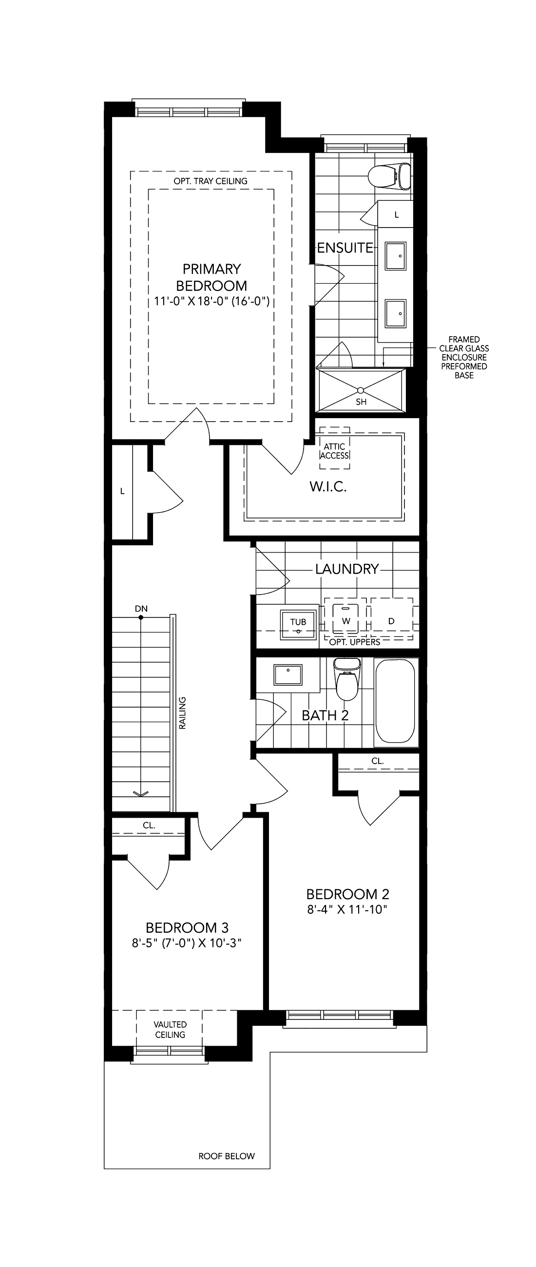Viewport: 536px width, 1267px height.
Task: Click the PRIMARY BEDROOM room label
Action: pyautogui.click(x=211, y=277)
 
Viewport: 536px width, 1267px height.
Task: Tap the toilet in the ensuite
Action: pyautogui.click(x=389, y=176)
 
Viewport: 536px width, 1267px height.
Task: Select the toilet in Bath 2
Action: pyautogui.click(x=347, y=679)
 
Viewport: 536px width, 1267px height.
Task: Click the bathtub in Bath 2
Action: pyautogui.click(x=395, y=701)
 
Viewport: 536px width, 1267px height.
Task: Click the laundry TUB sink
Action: pyautogui.click(x=299, y=625)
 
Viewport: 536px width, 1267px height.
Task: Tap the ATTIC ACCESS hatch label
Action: pyautogui.click(x=334, y=451)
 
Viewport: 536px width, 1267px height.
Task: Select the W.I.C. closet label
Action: pyautogui.click(x=328, y=486)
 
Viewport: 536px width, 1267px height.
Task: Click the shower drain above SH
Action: pyautogui.click(x=361, y=390)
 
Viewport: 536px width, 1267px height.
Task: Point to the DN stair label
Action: pyautogui.click(x=141, y=609)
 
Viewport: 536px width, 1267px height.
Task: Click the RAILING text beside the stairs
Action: pyautogui.click(x=182, y=712)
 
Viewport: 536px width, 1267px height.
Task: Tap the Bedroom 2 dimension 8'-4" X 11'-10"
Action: pyautogui.click(x=347, y=909)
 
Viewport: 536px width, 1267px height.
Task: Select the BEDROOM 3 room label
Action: pyautogui.click(x=187, y=928)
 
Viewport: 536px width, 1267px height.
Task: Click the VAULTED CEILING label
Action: pyautogui.click(x=170, y=1029)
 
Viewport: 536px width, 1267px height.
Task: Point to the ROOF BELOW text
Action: pyautogui.click(x=227, y=1156)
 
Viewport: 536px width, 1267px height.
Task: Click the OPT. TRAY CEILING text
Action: pyautogui.click(x=211, y=181)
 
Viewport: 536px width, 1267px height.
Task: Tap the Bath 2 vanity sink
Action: pyautogui.click(x=288, y=674)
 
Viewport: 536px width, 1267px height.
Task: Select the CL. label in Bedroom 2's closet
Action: pyautogui.click(x=377, y=761)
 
